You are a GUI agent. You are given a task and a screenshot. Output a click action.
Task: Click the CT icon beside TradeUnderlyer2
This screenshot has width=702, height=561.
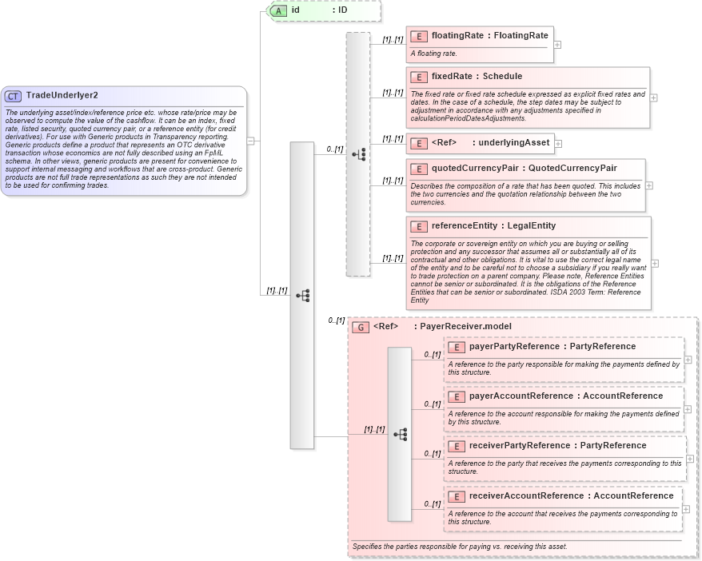tap(14, 96)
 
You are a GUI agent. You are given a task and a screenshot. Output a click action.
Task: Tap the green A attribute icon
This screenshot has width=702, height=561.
tap(278, 10)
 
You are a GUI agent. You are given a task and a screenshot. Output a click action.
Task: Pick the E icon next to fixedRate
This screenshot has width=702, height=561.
tap(418, 77)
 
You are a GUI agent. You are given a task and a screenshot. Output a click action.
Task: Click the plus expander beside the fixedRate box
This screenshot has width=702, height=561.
tap(653, 97)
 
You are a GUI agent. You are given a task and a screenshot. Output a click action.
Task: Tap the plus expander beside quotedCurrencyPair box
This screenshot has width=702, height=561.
tap(649, 185)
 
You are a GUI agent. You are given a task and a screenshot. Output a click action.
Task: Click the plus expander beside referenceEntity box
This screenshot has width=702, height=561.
tap(655, 263)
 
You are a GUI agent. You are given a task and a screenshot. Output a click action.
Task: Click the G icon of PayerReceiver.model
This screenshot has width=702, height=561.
tap(361, 327)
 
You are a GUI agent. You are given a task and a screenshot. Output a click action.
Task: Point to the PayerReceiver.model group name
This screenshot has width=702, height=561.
tap(465, 327)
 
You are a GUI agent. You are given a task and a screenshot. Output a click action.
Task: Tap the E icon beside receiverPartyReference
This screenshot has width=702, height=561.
tap(456, 446)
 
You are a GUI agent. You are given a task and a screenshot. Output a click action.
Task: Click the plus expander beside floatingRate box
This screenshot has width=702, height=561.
tap(557, 45)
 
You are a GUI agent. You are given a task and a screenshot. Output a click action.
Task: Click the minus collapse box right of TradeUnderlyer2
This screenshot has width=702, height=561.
tap(251, 141)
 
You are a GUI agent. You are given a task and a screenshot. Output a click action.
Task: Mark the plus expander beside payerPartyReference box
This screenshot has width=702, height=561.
tap(688, 360)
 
